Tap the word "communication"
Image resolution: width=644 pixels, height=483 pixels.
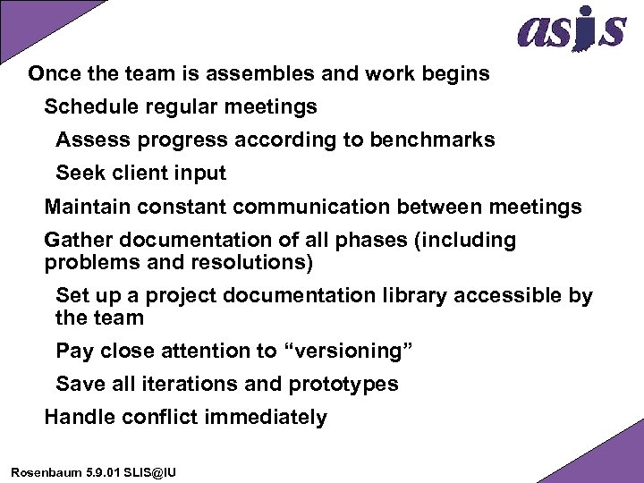[x=310, y=208]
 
